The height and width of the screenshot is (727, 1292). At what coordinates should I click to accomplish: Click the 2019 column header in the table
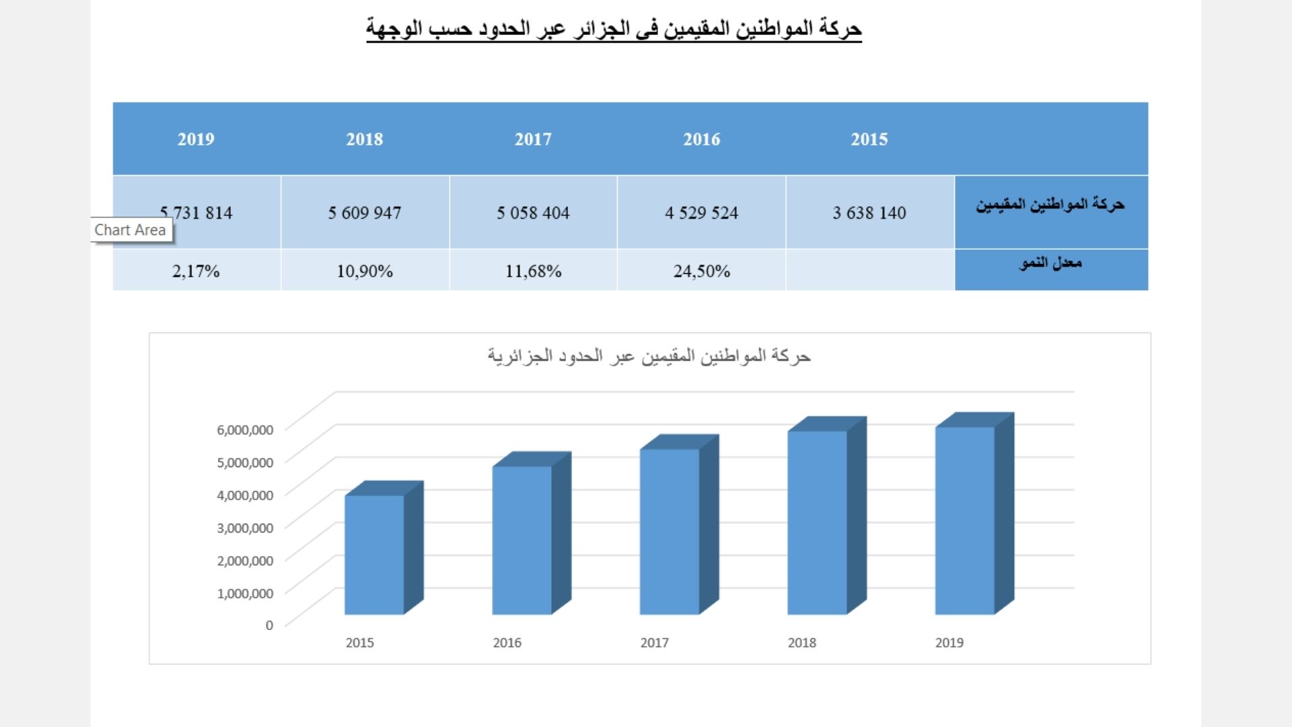tap(196, 139)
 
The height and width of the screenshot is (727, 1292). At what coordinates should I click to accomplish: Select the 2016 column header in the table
tap(701, 139)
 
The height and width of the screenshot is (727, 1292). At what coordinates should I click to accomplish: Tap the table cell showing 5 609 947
tap(365, 213)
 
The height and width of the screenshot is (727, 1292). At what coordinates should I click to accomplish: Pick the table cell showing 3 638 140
tap(869, 213)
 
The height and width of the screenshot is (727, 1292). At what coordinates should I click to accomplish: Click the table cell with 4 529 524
tap(701, 213)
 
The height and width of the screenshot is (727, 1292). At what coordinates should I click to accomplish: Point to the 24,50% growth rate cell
tap(701, 271)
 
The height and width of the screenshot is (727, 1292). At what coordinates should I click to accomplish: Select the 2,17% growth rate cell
tap(196, 271)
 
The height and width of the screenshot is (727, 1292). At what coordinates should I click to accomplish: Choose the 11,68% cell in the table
tap(533, 271)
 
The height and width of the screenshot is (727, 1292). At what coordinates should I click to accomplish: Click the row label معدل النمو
tap(1050, 263)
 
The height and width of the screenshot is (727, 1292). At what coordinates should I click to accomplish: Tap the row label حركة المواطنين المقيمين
tap(1050, 204)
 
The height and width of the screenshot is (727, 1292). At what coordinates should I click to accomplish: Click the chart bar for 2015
tap(374, 555)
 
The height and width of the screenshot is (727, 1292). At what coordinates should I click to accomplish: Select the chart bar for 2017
tap(670, 532)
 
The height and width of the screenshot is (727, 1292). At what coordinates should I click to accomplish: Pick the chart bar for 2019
tap(964, 520)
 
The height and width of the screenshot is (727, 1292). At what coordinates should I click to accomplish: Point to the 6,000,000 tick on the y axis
tap(245, 429)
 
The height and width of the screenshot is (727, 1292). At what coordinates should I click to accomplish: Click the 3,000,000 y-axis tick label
tap(245, 528)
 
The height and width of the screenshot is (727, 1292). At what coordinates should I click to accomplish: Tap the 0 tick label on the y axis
tap(269, 625)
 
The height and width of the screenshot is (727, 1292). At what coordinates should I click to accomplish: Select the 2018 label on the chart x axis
tap(801, 643)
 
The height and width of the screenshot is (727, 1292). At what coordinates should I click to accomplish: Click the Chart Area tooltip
tap(131, 230)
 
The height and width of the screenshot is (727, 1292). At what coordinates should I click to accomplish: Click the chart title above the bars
tap(649, 356)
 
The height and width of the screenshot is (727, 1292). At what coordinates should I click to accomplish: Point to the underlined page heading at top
tap(614, 29)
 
